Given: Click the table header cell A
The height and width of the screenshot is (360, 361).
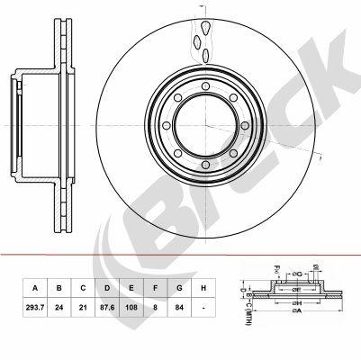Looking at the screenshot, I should tap(35, 288).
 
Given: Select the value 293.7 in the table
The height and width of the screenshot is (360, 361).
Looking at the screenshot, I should tap(35, 306).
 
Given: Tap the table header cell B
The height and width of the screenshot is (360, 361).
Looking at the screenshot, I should tap(59, 288).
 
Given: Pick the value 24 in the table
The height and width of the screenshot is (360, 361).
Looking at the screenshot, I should tap(59, 306).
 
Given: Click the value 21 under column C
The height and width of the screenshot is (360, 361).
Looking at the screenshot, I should tap(83, 306).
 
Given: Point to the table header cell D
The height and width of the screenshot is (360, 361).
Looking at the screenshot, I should tap(107, 288).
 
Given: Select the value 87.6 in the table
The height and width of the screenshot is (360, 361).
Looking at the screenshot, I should tap(107, 306).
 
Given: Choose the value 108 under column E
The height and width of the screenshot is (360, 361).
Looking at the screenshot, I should tap(132, 306).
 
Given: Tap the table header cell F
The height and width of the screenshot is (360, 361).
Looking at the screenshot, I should tap(156, 288).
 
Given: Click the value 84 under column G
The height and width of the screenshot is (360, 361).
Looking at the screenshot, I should tap(180, 306).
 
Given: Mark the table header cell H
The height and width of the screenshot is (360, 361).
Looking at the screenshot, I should tap(203, 288).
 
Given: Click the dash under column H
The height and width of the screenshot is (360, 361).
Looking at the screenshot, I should tap(203, 306).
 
